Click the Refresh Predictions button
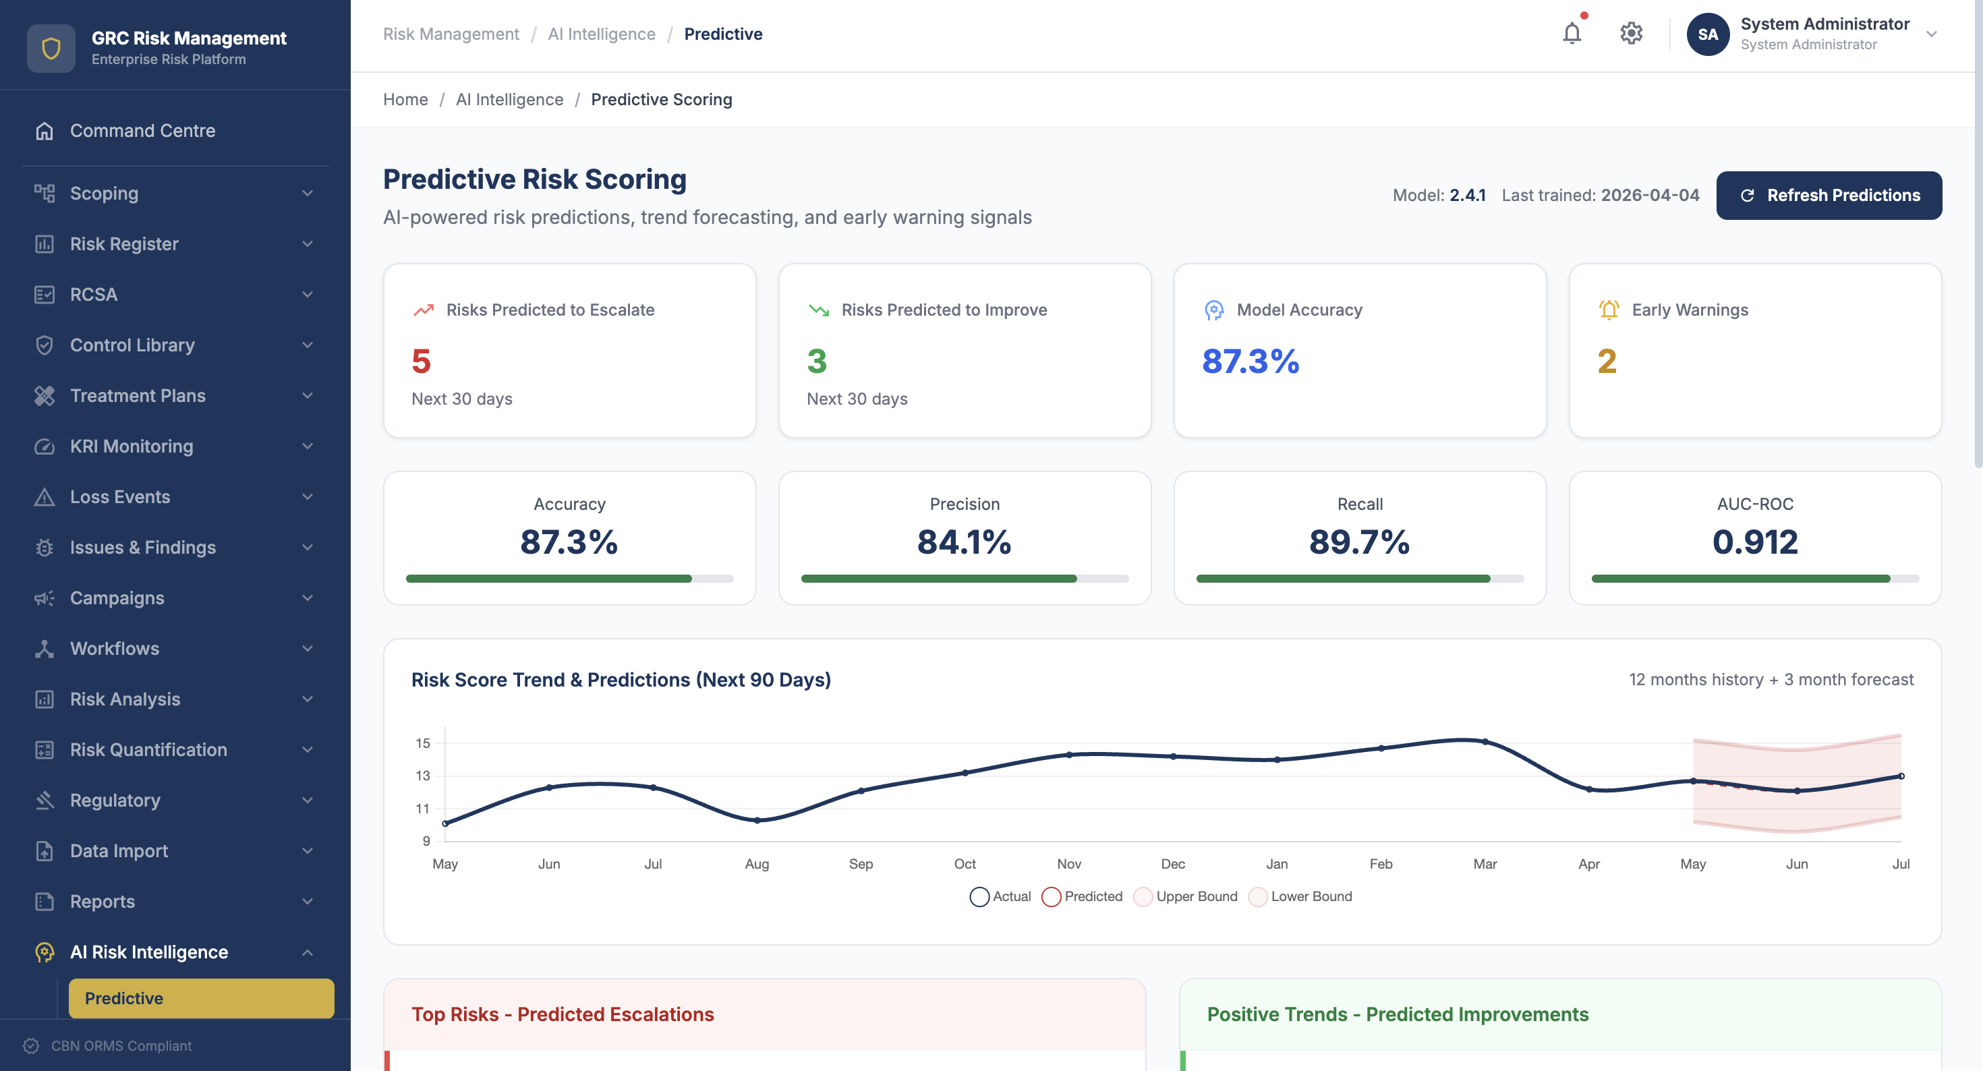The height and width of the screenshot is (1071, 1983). tap(1829, 196)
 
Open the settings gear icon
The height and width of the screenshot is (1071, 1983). tap(1630, 34)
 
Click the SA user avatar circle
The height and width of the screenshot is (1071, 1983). tap(1707, 34)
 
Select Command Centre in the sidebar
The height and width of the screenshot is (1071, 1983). tap(142, 131)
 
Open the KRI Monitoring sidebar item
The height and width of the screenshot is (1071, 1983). tap(132, 446)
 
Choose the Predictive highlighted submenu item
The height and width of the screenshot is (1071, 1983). tap(201, 998)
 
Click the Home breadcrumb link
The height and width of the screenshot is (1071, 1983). tap(405, 99)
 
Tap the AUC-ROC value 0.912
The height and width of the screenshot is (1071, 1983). tap(1754, 542)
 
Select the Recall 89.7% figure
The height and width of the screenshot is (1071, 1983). tap(1360, 542)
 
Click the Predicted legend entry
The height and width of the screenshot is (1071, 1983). tap(1082, 896)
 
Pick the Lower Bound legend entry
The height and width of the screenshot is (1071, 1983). tap(1300, 896)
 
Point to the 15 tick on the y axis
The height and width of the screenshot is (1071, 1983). tap(423, 743)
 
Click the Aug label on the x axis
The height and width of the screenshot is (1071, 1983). tap(757, 864)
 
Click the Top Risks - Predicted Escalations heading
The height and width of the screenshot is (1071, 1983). tap(563, 1014)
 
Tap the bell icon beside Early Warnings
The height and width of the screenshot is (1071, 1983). tap(1608, 310)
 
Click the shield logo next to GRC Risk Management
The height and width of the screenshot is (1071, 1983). tap(51, 48)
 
